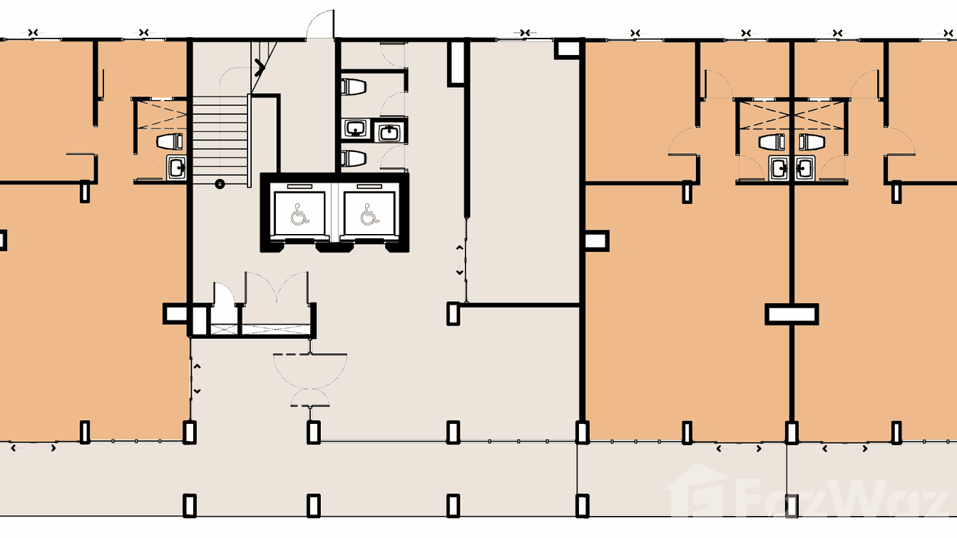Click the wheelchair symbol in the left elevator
[300, 213]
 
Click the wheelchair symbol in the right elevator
[369, 213]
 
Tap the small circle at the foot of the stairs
[220, 183]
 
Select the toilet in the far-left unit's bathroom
[170, 141]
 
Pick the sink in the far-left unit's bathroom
[176, 168]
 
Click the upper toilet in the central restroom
[354, 87]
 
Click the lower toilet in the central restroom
[354, 157]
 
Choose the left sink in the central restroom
[354, 128]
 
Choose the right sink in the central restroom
[389, 131]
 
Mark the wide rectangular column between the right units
[792, 314]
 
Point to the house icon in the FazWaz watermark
[696, 492]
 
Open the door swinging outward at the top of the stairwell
[321, 25]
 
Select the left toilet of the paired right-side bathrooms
[772, 142]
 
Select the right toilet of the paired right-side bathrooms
[812, 142]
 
